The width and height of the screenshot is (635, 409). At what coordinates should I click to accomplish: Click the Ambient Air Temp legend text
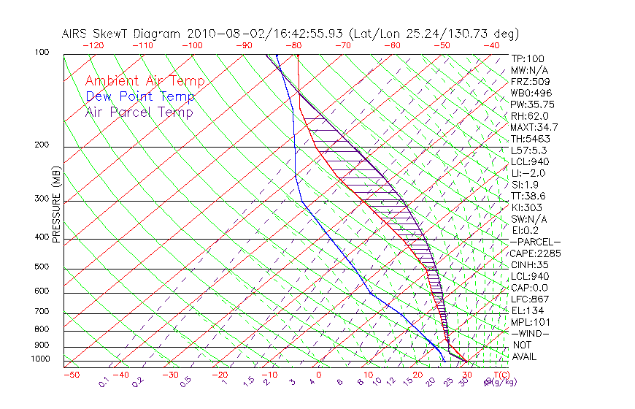(145, 81)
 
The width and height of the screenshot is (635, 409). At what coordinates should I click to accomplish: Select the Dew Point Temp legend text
(139, 96)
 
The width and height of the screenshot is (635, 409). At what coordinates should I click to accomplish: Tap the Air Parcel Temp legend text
(139, 112)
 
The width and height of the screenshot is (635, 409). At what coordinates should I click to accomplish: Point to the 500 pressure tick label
(42, 268)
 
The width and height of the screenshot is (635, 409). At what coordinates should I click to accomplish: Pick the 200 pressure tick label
(42, 145)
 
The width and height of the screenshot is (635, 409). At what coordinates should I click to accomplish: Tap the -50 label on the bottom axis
(71, 375)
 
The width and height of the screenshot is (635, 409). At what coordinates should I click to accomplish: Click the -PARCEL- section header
(535, 242)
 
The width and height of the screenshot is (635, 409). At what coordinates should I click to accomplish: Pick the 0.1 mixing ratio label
(104, 382)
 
